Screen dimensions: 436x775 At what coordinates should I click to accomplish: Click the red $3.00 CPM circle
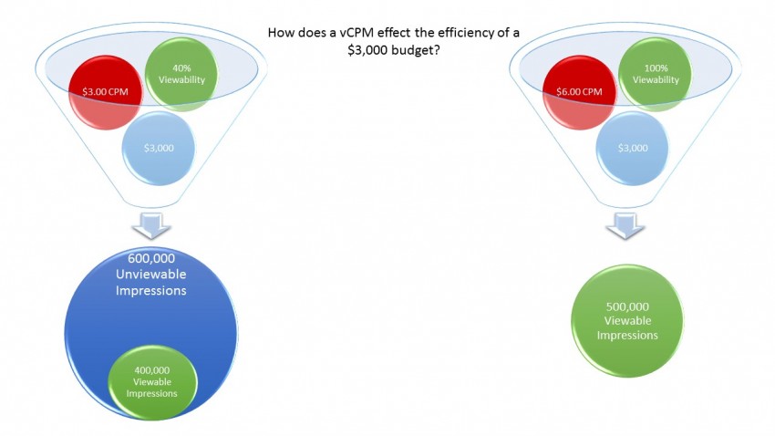106,94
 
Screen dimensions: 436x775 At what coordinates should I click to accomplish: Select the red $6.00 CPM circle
579,94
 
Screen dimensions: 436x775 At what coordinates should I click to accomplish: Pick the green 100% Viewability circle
655,74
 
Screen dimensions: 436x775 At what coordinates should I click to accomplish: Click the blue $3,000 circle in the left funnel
159,149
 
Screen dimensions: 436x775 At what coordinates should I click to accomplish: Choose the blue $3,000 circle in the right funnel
631,149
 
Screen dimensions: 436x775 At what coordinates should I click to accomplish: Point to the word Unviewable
151,275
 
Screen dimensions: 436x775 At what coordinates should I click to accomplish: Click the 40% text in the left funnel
182,67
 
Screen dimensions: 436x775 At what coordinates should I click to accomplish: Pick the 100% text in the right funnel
655,67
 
